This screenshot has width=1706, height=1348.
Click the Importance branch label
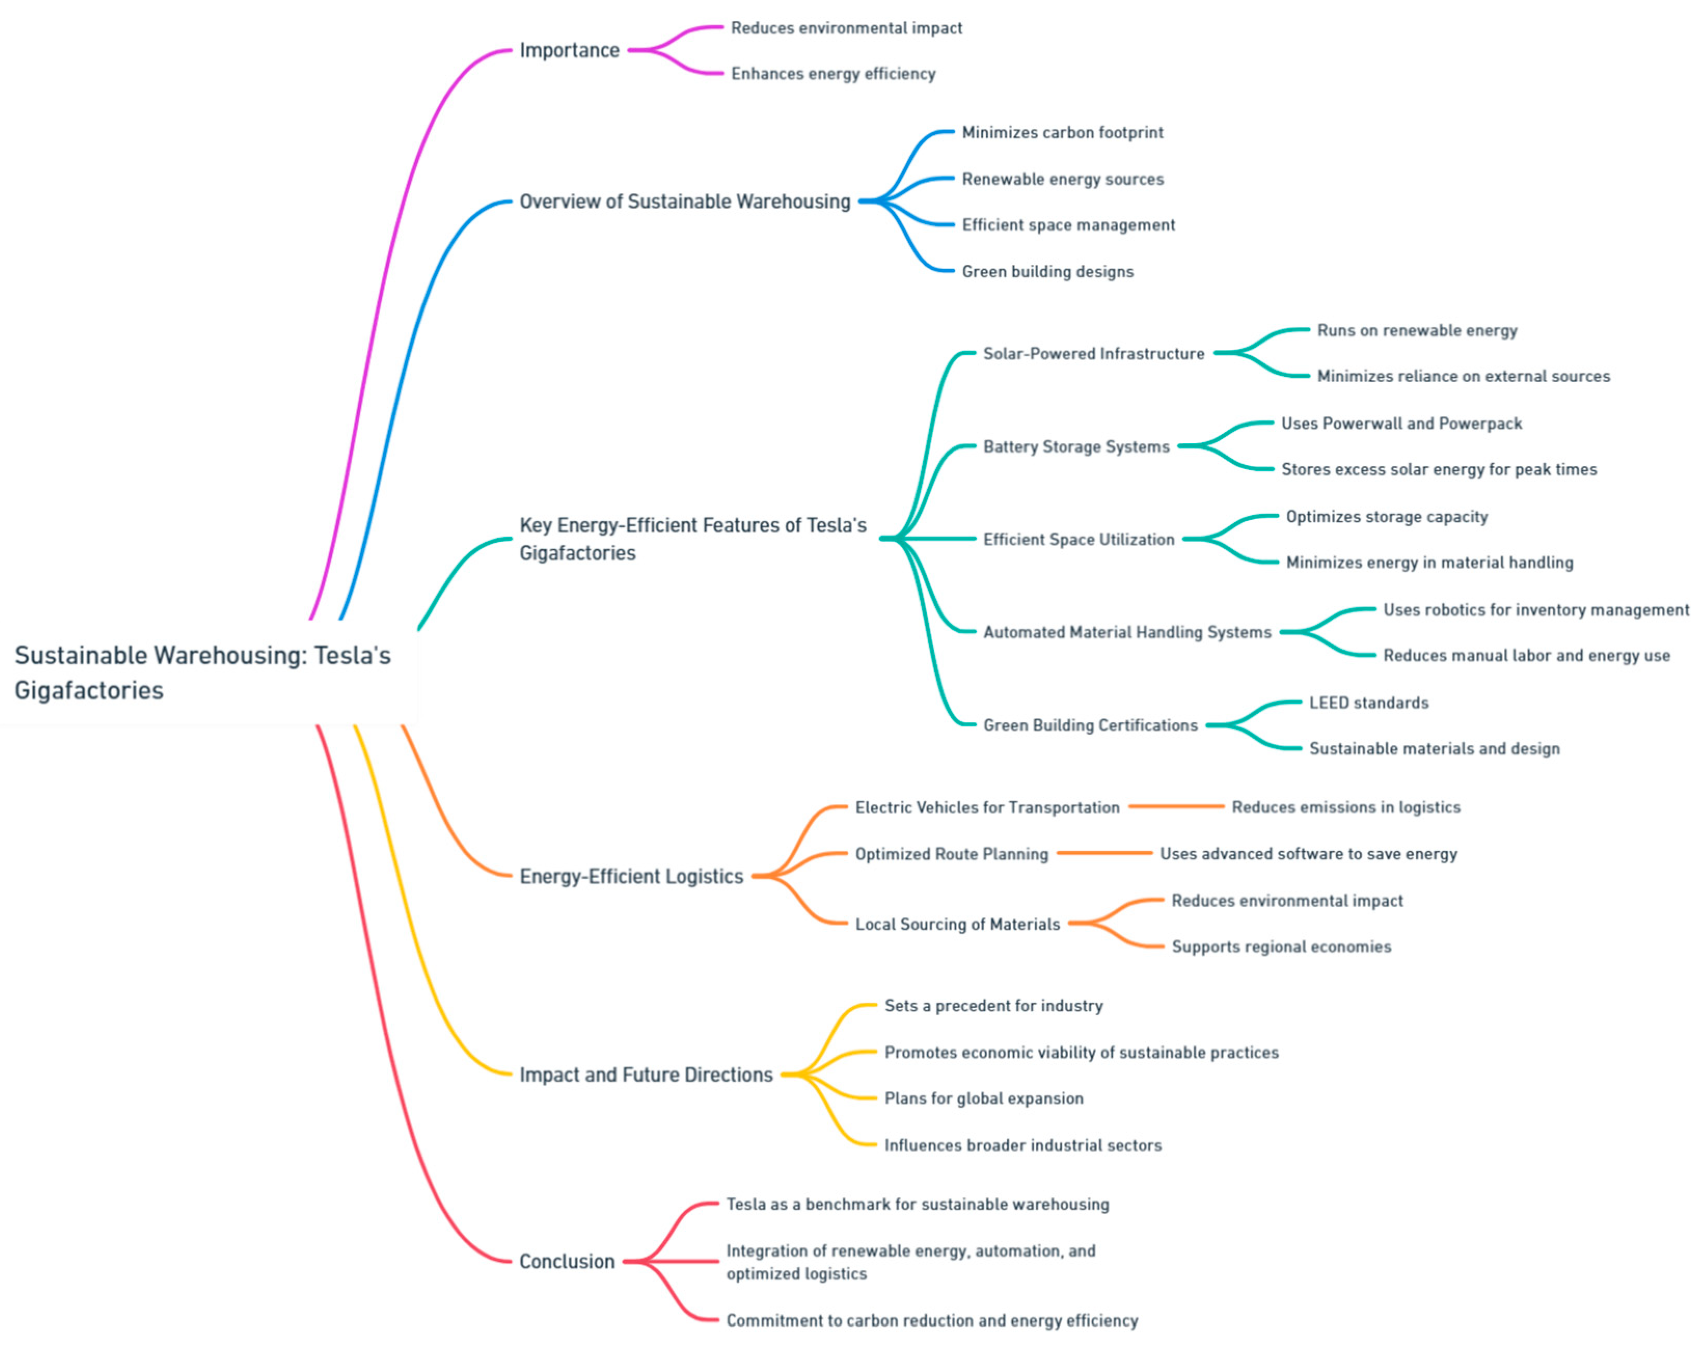tap(569, 50)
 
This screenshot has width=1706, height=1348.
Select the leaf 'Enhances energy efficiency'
tap(832, 73)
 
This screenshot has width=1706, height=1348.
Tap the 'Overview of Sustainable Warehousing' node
tap(684, 201)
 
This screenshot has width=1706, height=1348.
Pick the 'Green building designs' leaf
tap(1047, 271)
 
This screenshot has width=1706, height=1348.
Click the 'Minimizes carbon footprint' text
tap(1062, 132)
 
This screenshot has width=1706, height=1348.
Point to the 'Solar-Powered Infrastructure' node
tap(1093, 353)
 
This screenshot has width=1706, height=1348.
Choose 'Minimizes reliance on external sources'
tap(1463, 376)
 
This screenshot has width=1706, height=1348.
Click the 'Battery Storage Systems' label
tap(1075, 447)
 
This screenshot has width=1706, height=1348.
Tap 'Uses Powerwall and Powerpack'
tap(1401, 424)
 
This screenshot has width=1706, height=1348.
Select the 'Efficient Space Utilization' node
tap(1078, 540)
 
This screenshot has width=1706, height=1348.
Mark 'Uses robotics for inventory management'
tap(1536, 610)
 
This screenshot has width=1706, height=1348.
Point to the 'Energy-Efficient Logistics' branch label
tap(631, 877)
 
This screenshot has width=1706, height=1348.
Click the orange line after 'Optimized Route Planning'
tap(1104, 853)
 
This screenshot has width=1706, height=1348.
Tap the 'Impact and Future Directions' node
tap(646, 1075)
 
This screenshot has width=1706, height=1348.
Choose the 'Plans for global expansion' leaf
tap(983, 1099)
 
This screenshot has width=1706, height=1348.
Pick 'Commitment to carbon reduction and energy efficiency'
tap(931, 1320)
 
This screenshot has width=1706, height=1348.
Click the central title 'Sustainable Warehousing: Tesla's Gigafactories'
tap(202, 672)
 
